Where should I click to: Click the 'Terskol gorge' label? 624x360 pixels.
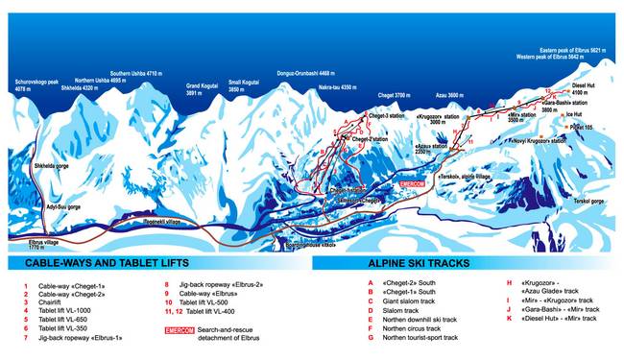click(588, 202)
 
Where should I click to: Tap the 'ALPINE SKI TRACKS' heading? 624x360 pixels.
click(422, 262)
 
